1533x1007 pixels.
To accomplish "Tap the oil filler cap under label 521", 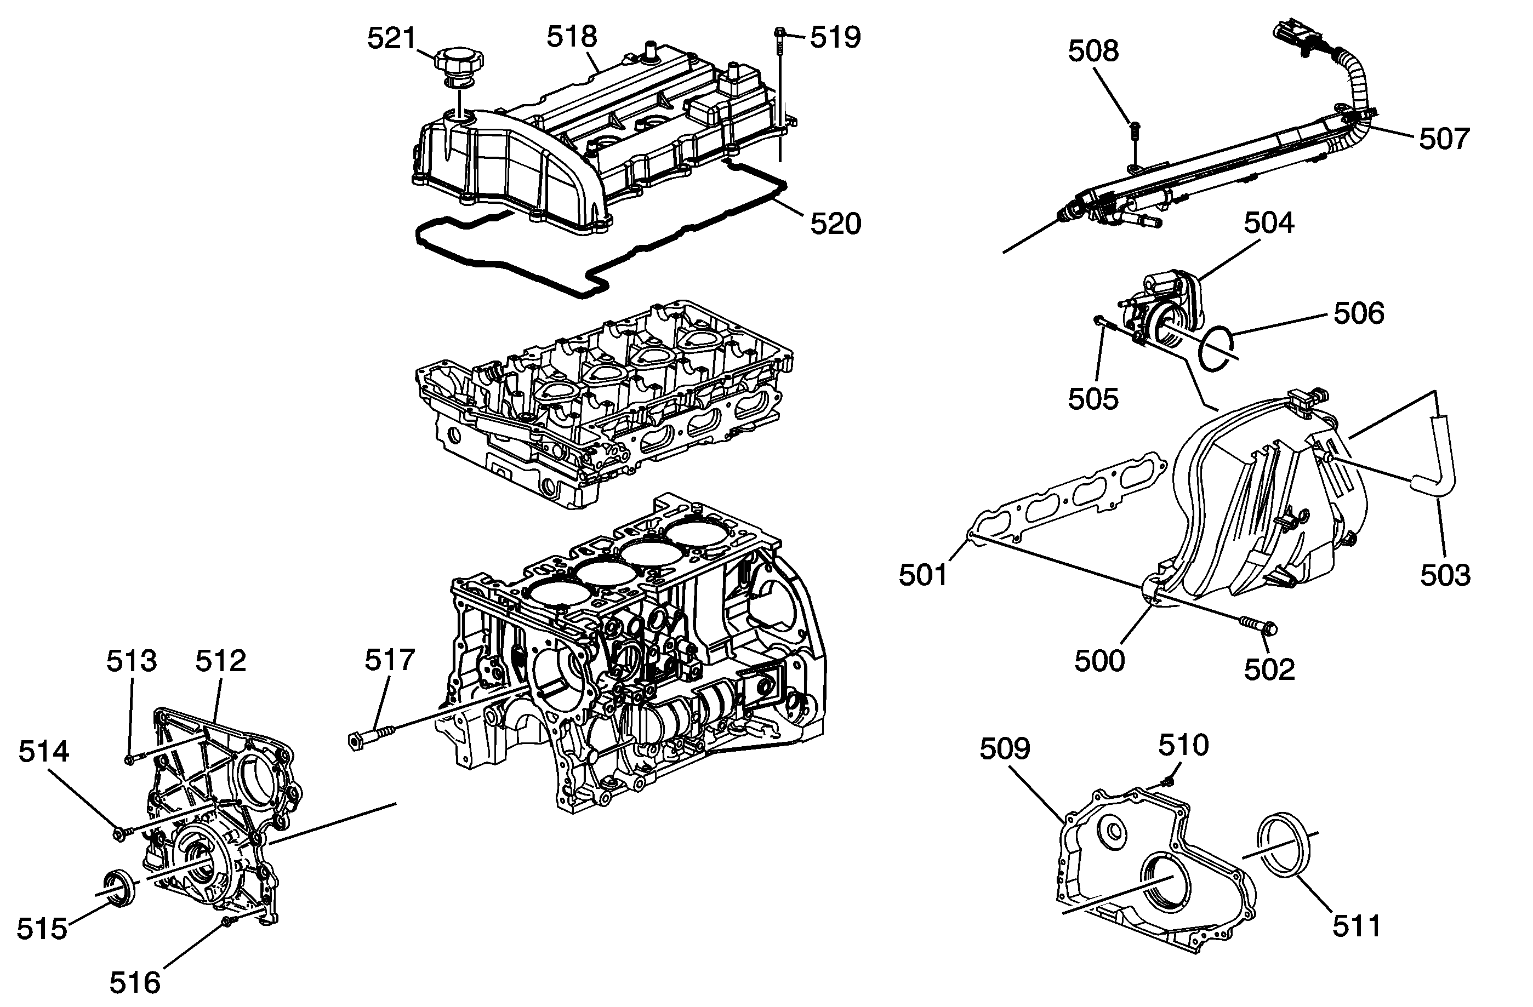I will [458, 62].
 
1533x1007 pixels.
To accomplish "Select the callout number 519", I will [835, 37].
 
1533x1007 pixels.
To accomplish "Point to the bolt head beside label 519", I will [780, 31].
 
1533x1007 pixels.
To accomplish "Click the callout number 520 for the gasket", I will [835, 224].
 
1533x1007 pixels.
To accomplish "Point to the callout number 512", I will [221, 661].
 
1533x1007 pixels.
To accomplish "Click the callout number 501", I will [924, 575].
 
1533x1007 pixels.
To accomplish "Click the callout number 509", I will [1005, 748].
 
